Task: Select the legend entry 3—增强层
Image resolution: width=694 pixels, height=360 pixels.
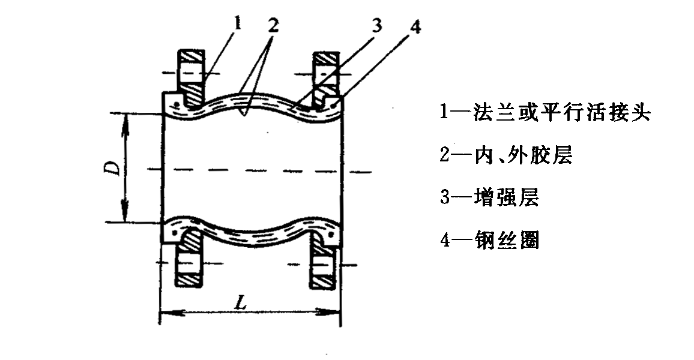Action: (489, 197)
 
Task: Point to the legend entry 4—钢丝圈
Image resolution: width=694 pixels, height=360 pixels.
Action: (489, 241)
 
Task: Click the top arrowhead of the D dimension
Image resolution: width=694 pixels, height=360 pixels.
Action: (125, 118)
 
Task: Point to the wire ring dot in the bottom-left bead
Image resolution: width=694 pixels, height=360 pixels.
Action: (174, 231)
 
